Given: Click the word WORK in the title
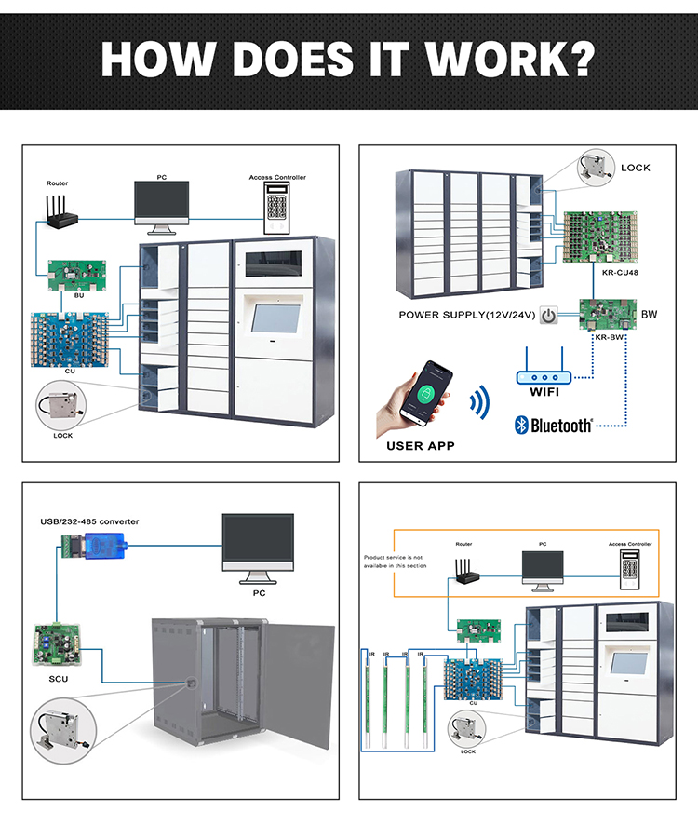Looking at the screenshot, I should [508, 57].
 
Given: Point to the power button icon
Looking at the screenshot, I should [549, 316].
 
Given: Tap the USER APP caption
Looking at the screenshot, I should [421, 446].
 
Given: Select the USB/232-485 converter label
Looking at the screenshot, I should [89, 521].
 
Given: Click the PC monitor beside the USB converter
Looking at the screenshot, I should [258, 544].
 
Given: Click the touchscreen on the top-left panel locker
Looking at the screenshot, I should [277, 317].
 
